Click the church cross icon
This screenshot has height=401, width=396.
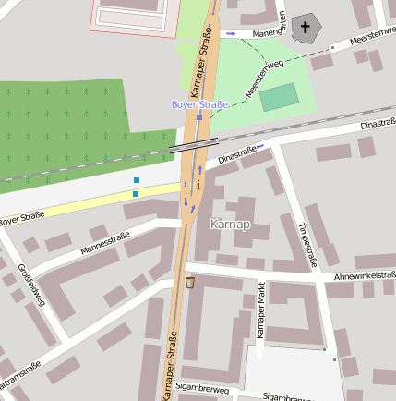306,28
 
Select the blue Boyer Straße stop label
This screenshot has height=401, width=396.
198,104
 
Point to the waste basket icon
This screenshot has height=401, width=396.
190,282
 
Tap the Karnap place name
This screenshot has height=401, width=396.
230,224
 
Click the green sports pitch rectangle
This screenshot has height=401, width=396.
279,97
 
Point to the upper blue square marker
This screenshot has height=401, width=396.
136,180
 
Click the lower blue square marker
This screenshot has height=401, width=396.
136,194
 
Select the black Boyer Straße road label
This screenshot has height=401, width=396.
20,219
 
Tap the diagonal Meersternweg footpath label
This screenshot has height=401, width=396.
265,79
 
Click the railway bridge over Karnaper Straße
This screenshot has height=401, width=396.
194,143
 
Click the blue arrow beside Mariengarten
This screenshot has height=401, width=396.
231,34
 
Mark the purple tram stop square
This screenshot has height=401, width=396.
198,117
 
